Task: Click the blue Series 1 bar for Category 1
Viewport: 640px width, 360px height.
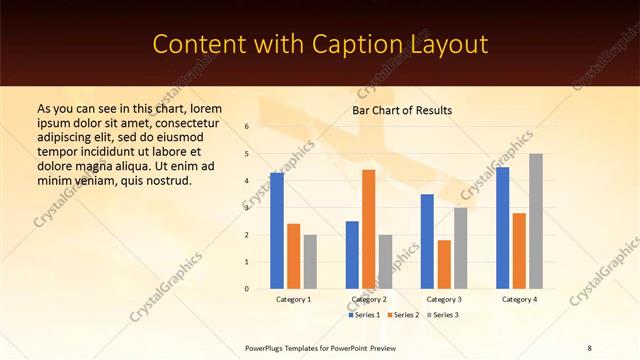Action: (x=277, y=231)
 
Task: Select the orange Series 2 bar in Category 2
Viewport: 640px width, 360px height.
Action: (x=368, y=229)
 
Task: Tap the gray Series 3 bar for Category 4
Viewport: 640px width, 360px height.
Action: (x=536, y=221)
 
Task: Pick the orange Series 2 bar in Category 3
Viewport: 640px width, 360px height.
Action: (x=444, y=264)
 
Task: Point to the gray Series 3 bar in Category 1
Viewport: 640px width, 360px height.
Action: (x=310, y=262)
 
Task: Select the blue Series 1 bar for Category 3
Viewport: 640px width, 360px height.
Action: (x=427, y=241)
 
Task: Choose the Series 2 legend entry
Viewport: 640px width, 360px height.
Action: (x=403, y=315)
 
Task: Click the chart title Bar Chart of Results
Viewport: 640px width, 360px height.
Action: (x=402, y=110)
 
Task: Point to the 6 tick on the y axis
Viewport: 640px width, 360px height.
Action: (x=246, y=127)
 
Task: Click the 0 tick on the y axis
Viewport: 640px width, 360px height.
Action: (x=246, y=289)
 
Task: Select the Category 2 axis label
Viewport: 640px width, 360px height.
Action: (x=369, y=299)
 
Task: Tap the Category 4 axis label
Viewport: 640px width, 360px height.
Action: (x=519, y=299)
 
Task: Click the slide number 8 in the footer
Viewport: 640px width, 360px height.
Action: (x=589, y=348)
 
